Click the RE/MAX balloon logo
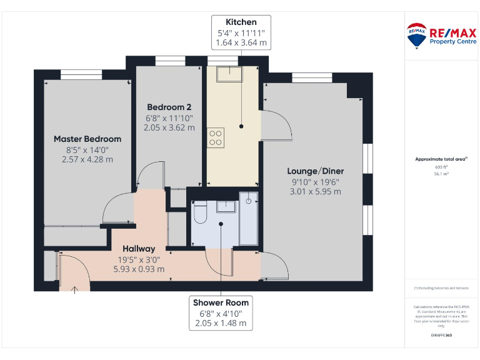tap(417, 36)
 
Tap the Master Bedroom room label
tap(87, 139)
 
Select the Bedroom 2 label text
tap(169, 107)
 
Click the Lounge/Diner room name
tap(315, 171)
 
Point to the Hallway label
tap(139, 249)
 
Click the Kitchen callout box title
tap(241, 22)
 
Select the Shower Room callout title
tap(221, 302)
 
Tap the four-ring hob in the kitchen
tap(216, 137)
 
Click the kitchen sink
tap(229, 74)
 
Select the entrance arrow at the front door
tap(74, 288)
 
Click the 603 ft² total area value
tap(441, 167)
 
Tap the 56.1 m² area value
tap(441, 174)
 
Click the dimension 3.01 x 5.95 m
tap(315, 192)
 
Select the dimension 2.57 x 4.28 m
tap(87, 159)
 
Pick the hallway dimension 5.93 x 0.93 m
tap(139, 269)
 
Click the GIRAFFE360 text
tap(441, 336)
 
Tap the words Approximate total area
tap(440, 159)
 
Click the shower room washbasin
tap(224, 207)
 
